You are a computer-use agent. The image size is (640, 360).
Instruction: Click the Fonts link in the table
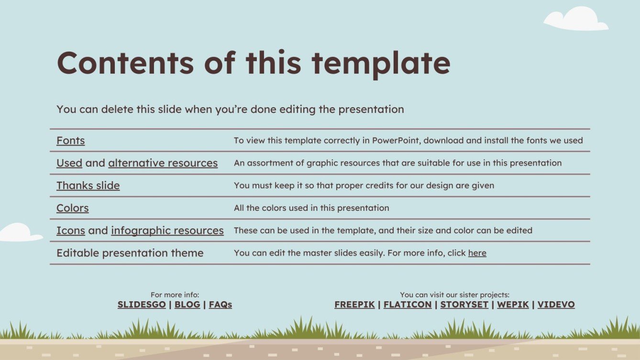click(71, 141)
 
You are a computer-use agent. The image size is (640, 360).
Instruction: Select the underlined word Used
click(69, 163)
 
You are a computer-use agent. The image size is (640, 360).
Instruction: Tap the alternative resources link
click(163, 163)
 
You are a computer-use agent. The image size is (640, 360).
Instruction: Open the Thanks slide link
click(88, 185)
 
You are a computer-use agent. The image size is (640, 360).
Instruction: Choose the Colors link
click(73, 208)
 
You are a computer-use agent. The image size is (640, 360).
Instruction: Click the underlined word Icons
click(71, 230)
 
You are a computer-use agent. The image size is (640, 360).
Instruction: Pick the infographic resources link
click(167, 230)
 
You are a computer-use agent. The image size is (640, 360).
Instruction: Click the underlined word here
click(477, 253)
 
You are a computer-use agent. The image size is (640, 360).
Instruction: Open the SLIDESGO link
click(142, 305)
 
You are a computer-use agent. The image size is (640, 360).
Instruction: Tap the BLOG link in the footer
click(187, 305)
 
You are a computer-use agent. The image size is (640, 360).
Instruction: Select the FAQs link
click(221, 305)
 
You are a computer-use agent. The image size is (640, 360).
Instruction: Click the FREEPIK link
click(354, 305)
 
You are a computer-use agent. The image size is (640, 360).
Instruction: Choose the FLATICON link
click(408, 305)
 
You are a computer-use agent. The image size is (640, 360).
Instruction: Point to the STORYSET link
click(464, 305)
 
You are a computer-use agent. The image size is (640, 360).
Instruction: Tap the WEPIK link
click(513, 305)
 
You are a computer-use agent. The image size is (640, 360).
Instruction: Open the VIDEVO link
click(556, 305)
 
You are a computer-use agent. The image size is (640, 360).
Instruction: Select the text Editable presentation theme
click(130, 253)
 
